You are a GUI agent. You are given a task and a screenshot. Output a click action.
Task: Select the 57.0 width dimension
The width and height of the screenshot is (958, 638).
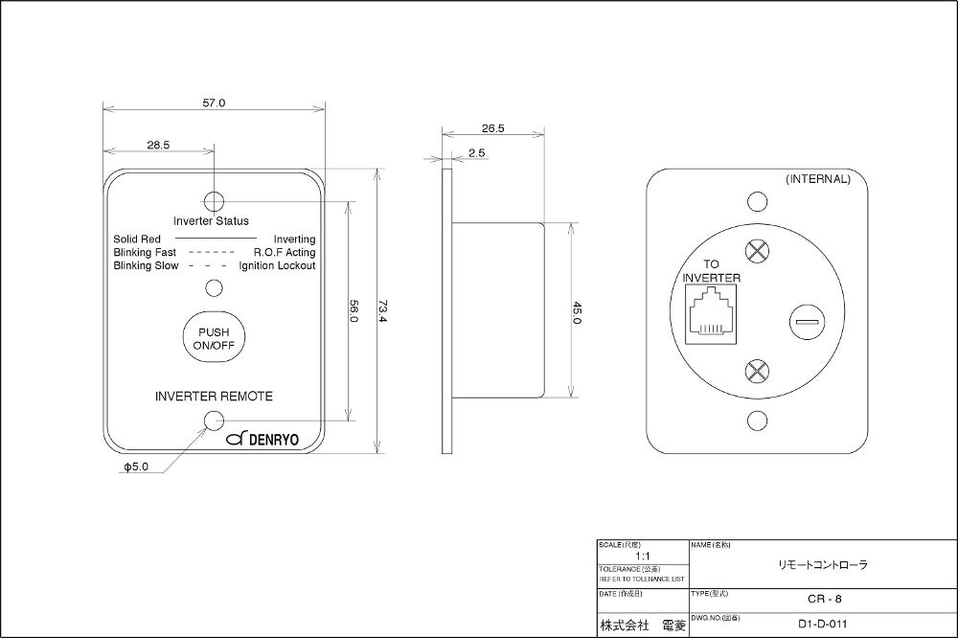coord(215,103)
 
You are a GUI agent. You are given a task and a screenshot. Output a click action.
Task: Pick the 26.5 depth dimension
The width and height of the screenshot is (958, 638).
coord(493,127)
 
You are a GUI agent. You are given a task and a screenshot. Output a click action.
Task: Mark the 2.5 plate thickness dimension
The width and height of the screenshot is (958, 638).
coord(477,152)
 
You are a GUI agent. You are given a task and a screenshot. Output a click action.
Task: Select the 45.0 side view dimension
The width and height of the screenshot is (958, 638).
coord(576,313)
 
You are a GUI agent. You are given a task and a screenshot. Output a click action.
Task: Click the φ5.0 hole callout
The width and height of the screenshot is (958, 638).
coord(136,468)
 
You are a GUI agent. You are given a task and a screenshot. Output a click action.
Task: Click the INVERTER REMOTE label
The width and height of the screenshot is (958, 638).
coord(215,396)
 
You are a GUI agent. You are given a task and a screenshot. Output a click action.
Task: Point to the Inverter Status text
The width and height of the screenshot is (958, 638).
coord(211,221)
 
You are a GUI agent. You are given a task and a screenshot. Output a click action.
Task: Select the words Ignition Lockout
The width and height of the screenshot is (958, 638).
coord(278,265)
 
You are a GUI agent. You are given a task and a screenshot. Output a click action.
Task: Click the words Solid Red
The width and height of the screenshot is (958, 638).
coord(136,239)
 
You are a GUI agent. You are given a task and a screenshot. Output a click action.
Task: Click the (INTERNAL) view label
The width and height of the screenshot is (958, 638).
coord(817,179)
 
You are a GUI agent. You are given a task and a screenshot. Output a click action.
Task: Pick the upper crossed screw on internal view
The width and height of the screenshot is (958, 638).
coord(757,252)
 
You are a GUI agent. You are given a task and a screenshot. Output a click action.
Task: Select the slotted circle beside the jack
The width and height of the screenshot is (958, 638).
coord(803,322)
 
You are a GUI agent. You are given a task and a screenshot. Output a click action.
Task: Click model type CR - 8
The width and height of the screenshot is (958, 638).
coord(823,600)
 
